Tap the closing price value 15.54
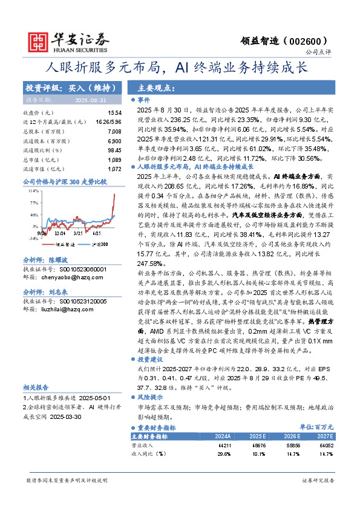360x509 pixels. [114, 113]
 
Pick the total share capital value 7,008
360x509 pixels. [114, 131]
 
